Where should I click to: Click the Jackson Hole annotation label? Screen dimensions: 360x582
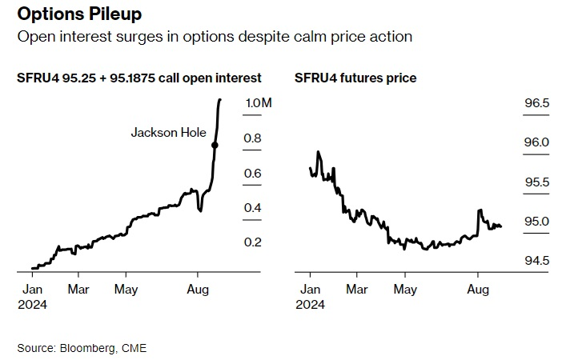coord(168,133)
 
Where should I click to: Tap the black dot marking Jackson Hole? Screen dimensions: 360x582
coord(215,145)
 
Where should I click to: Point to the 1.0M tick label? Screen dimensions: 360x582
coord(259,104)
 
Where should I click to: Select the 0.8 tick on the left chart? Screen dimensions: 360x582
coord(253,138)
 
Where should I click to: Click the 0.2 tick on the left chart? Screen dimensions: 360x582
coord(253,242)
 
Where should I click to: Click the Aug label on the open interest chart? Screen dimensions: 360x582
coord(199,289)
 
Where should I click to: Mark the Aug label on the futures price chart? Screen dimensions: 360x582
coord(478,289)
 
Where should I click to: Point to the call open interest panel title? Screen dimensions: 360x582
coord(138,78)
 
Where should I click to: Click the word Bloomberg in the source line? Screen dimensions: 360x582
coord(86,348)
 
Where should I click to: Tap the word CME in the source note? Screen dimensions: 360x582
coord(134,348)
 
